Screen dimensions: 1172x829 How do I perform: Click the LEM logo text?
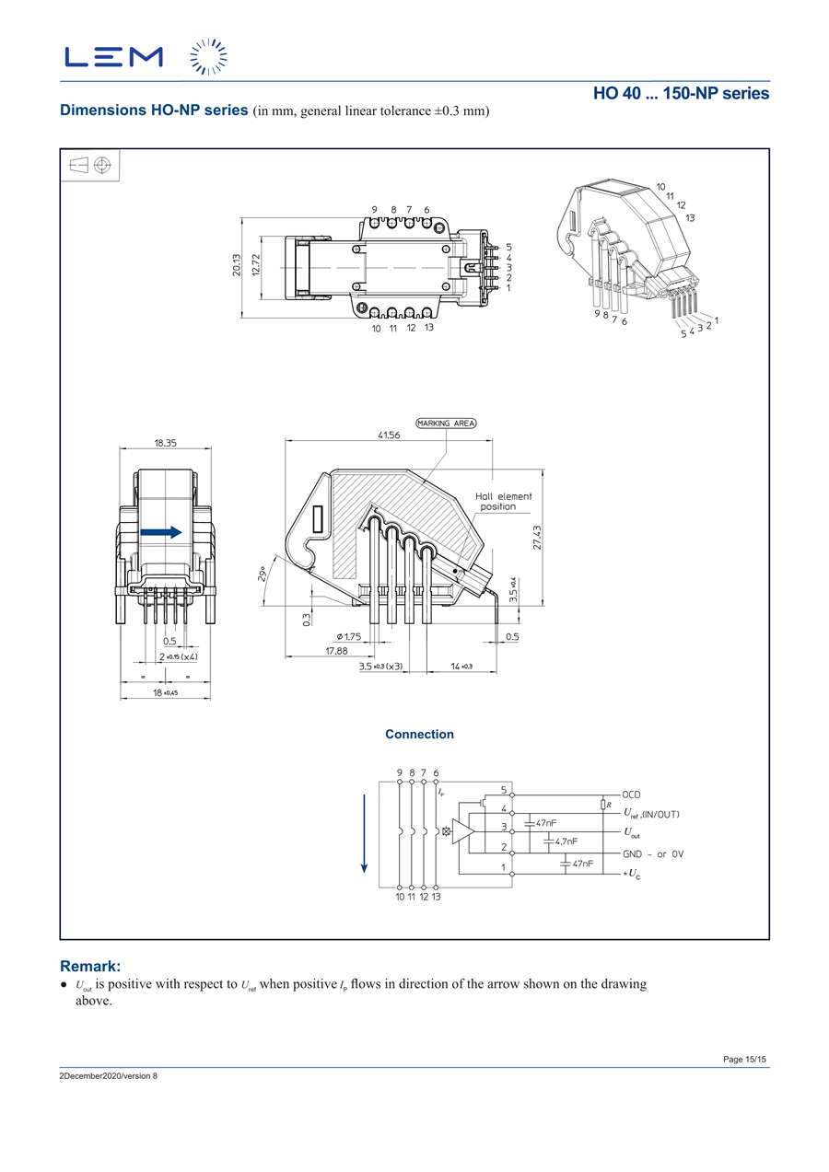(113, 57)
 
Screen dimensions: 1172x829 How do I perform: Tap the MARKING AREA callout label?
(446, 424)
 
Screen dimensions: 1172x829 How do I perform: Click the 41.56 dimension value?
(389, 435)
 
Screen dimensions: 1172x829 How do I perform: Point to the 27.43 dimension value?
(537, 538)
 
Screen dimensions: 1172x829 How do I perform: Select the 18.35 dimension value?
(166, 443)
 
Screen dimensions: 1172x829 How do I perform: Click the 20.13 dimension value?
(237, 265)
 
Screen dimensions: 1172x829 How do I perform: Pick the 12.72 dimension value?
(256, 265)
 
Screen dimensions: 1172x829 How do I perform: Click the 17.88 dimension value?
(336, 650)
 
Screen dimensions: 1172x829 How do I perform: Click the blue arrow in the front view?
(161, 532)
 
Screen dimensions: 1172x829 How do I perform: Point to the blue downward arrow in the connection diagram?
(365, 830)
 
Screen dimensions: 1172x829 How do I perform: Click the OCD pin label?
(631, 795)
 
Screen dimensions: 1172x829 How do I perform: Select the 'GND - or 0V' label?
(653, 853)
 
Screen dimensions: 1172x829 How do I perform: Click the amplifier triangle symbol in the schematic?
(464, 830)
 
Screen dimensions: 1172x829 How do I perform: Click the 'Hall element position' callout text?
(503, 502)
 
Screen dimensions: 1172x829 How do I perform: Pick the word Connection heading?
(419, 735)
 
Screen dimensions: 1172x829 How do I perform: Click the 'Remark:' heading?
(90, 967)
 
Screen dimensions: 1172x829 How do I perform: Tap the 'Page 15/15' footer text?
(744, 1060)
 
